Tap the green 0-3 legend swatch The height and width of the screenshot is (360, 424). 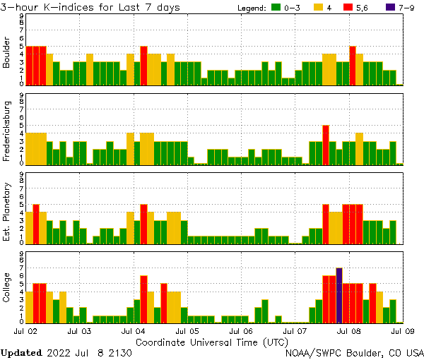pyautogui.click(x=276, y=8)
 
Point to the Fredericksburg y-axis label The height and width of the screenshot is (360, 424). pyautogui.click(x=7, y=130)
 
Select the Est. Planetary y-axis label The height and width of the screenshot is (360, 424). pyautogui.click(x=7, y=209)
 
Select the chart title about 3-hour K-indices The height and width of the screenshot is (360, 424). pyautogui.click(x=90, y=7)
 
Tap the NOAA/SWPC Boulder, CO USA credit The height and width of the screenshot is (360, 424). pyautogui.click(x=355, y=352)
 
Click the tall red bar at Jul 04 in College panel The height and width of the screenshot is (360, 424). pyautogui.click(x=143, y=299)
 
